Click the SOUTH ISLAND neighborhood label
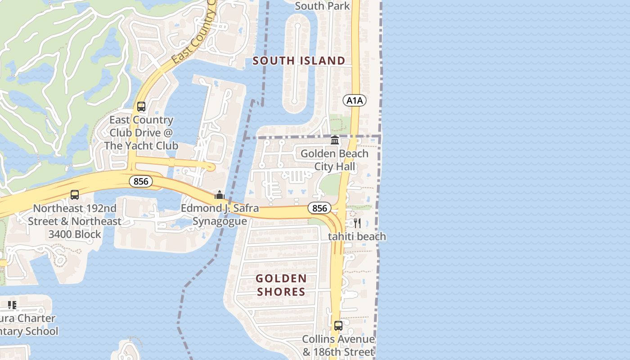click(x=299, y=61)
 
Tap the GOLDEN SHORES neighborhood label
click(x=281, y=285)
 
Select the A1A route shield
click(x=354, y=100)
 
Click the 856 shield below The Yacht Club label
click(x=141, y=181)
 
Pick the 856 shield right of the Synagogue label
click(x=319, y=208)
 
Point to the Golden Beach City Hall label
click(x=334, y=160)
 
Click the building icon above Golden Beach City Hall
click(x=334, y=140)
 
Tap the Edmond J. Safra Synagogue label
click(x=220, y=215)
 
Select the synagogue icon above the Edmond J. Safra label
click(x=220, y=195)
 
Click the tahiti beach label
click(x=357, y=236)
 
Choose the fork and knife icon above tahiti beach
click(x=357, y=223)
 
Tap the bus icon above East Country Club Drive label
click(x=141, y=107)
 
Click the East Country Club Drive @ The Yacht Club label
click(x=141, y=133)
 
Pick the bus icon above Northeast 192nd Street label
click(x=75, y=195)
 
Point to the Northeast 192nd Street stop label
click(x=75, y=221)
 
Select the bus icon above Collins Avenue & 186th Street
click(x=338, y=325)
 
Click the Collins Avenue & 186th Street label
click(x=338, y=345)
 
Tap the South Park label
click(x=322, y=6)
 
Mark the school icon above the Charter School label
click(x=12, y=305)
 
